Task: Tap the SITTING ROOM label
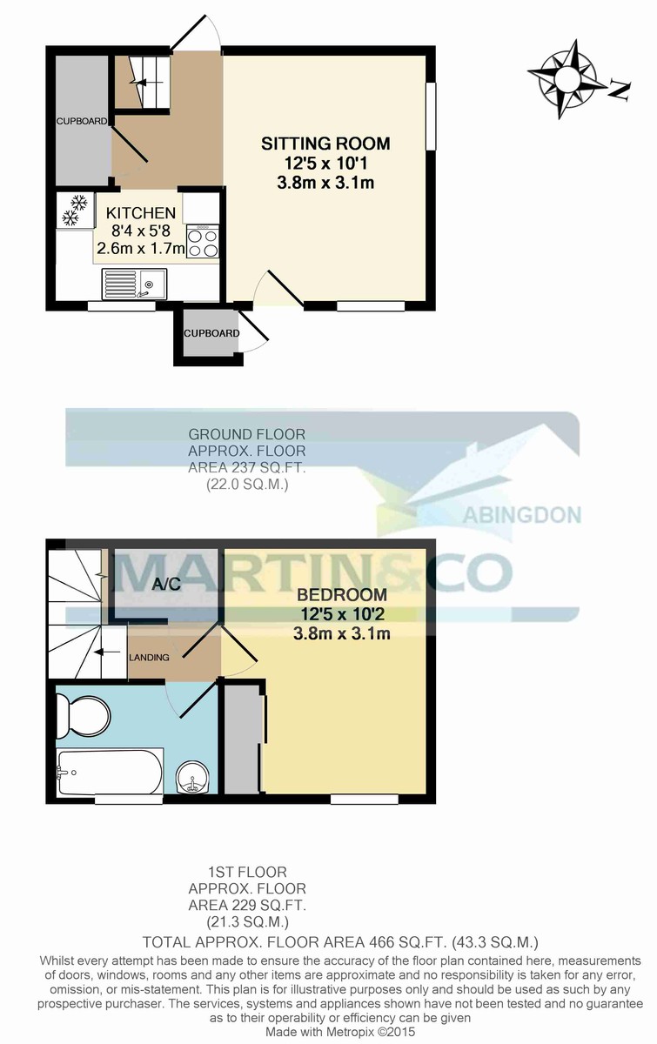coord(325,144)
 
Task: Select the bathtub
coord(109,771)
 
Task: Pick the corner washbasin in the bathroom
coord(192,776)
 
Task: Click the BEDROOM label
coord(342,596)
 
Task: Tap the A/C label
coord(166,584)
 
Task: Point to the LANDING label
coord(149,657)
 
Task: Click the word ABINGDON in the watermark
coord(522,515)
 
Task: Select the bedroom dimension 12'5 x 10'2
coord(342,615)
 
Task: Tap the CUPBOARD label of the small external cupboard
coord(211,333)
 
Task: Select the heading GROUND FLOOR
coord(246,433)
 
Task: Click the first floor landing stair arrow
coord(107,652)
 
